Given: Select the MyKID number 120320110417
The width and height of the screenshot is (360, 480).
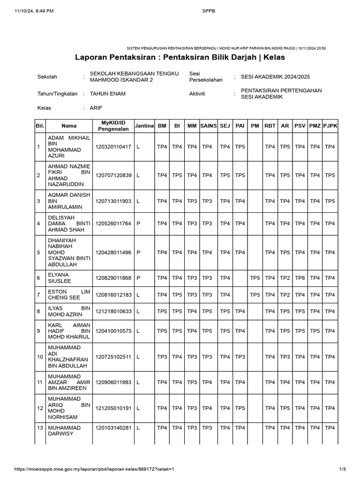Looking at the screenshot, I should (113, 147).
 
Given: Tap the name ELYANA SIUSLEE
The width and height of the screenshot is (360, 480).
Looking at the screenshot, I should (59, 278).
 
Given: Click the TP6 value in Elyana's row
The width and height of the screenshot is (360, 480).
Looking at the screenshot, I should (300, 278).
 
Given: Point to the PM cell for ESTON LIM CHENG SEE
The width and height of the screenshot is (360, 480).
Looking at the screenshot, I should (255, 295).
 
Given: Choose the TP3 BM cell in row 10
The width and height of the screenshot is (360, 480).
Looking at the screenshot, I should (162, 357).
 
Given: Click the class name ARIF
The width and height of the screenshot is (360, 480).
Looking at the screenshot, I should (96, 108).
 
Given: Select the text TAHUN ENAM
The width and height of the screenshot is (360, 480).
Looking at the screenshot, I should (107, 94).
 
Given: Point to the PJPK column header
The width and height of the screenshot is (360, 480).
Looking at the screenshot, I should (330, 126).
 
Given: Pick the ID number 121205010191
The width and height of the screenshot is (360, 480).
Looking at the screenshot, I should (113, 408).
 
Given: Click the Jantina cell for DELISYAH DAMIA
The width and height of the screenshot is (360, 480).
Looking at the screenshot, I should (139, 224).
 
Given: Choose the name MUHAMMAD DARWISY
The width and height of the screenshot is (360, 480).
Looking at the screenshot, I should (65, 431).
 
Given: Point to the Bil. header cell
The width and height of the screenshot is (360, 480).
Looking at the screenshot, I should (39, 126).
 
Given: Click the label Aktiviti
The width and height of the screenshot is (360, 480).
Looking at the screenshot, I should (198, 94).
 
